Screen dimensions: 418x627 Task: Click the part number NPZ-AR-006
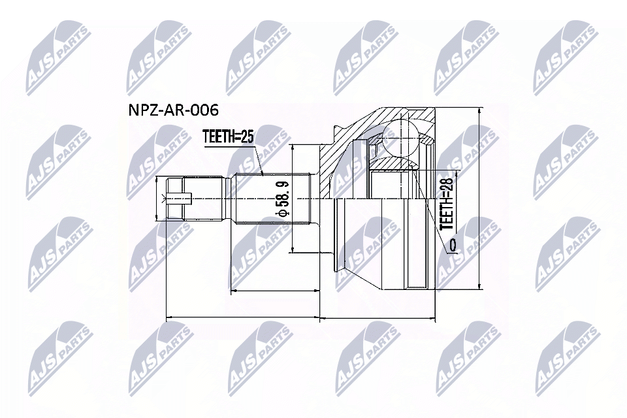point(172,109)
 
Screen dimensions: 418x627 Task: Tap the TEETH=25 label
point(227,137)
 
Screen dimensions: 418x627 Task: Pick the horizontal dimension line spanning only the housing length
point(379,318)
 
